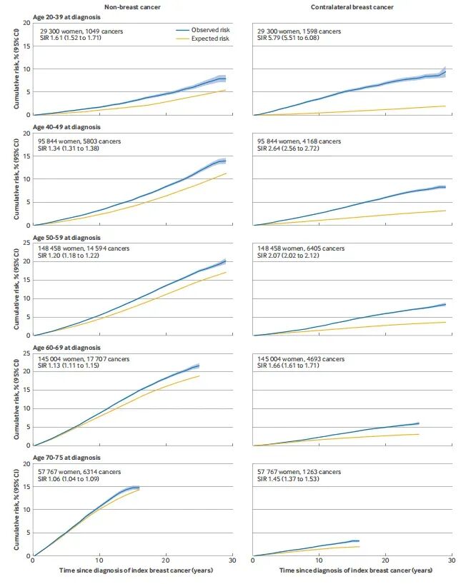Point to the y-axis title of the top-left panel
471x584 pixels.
(x=16, y=69)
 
